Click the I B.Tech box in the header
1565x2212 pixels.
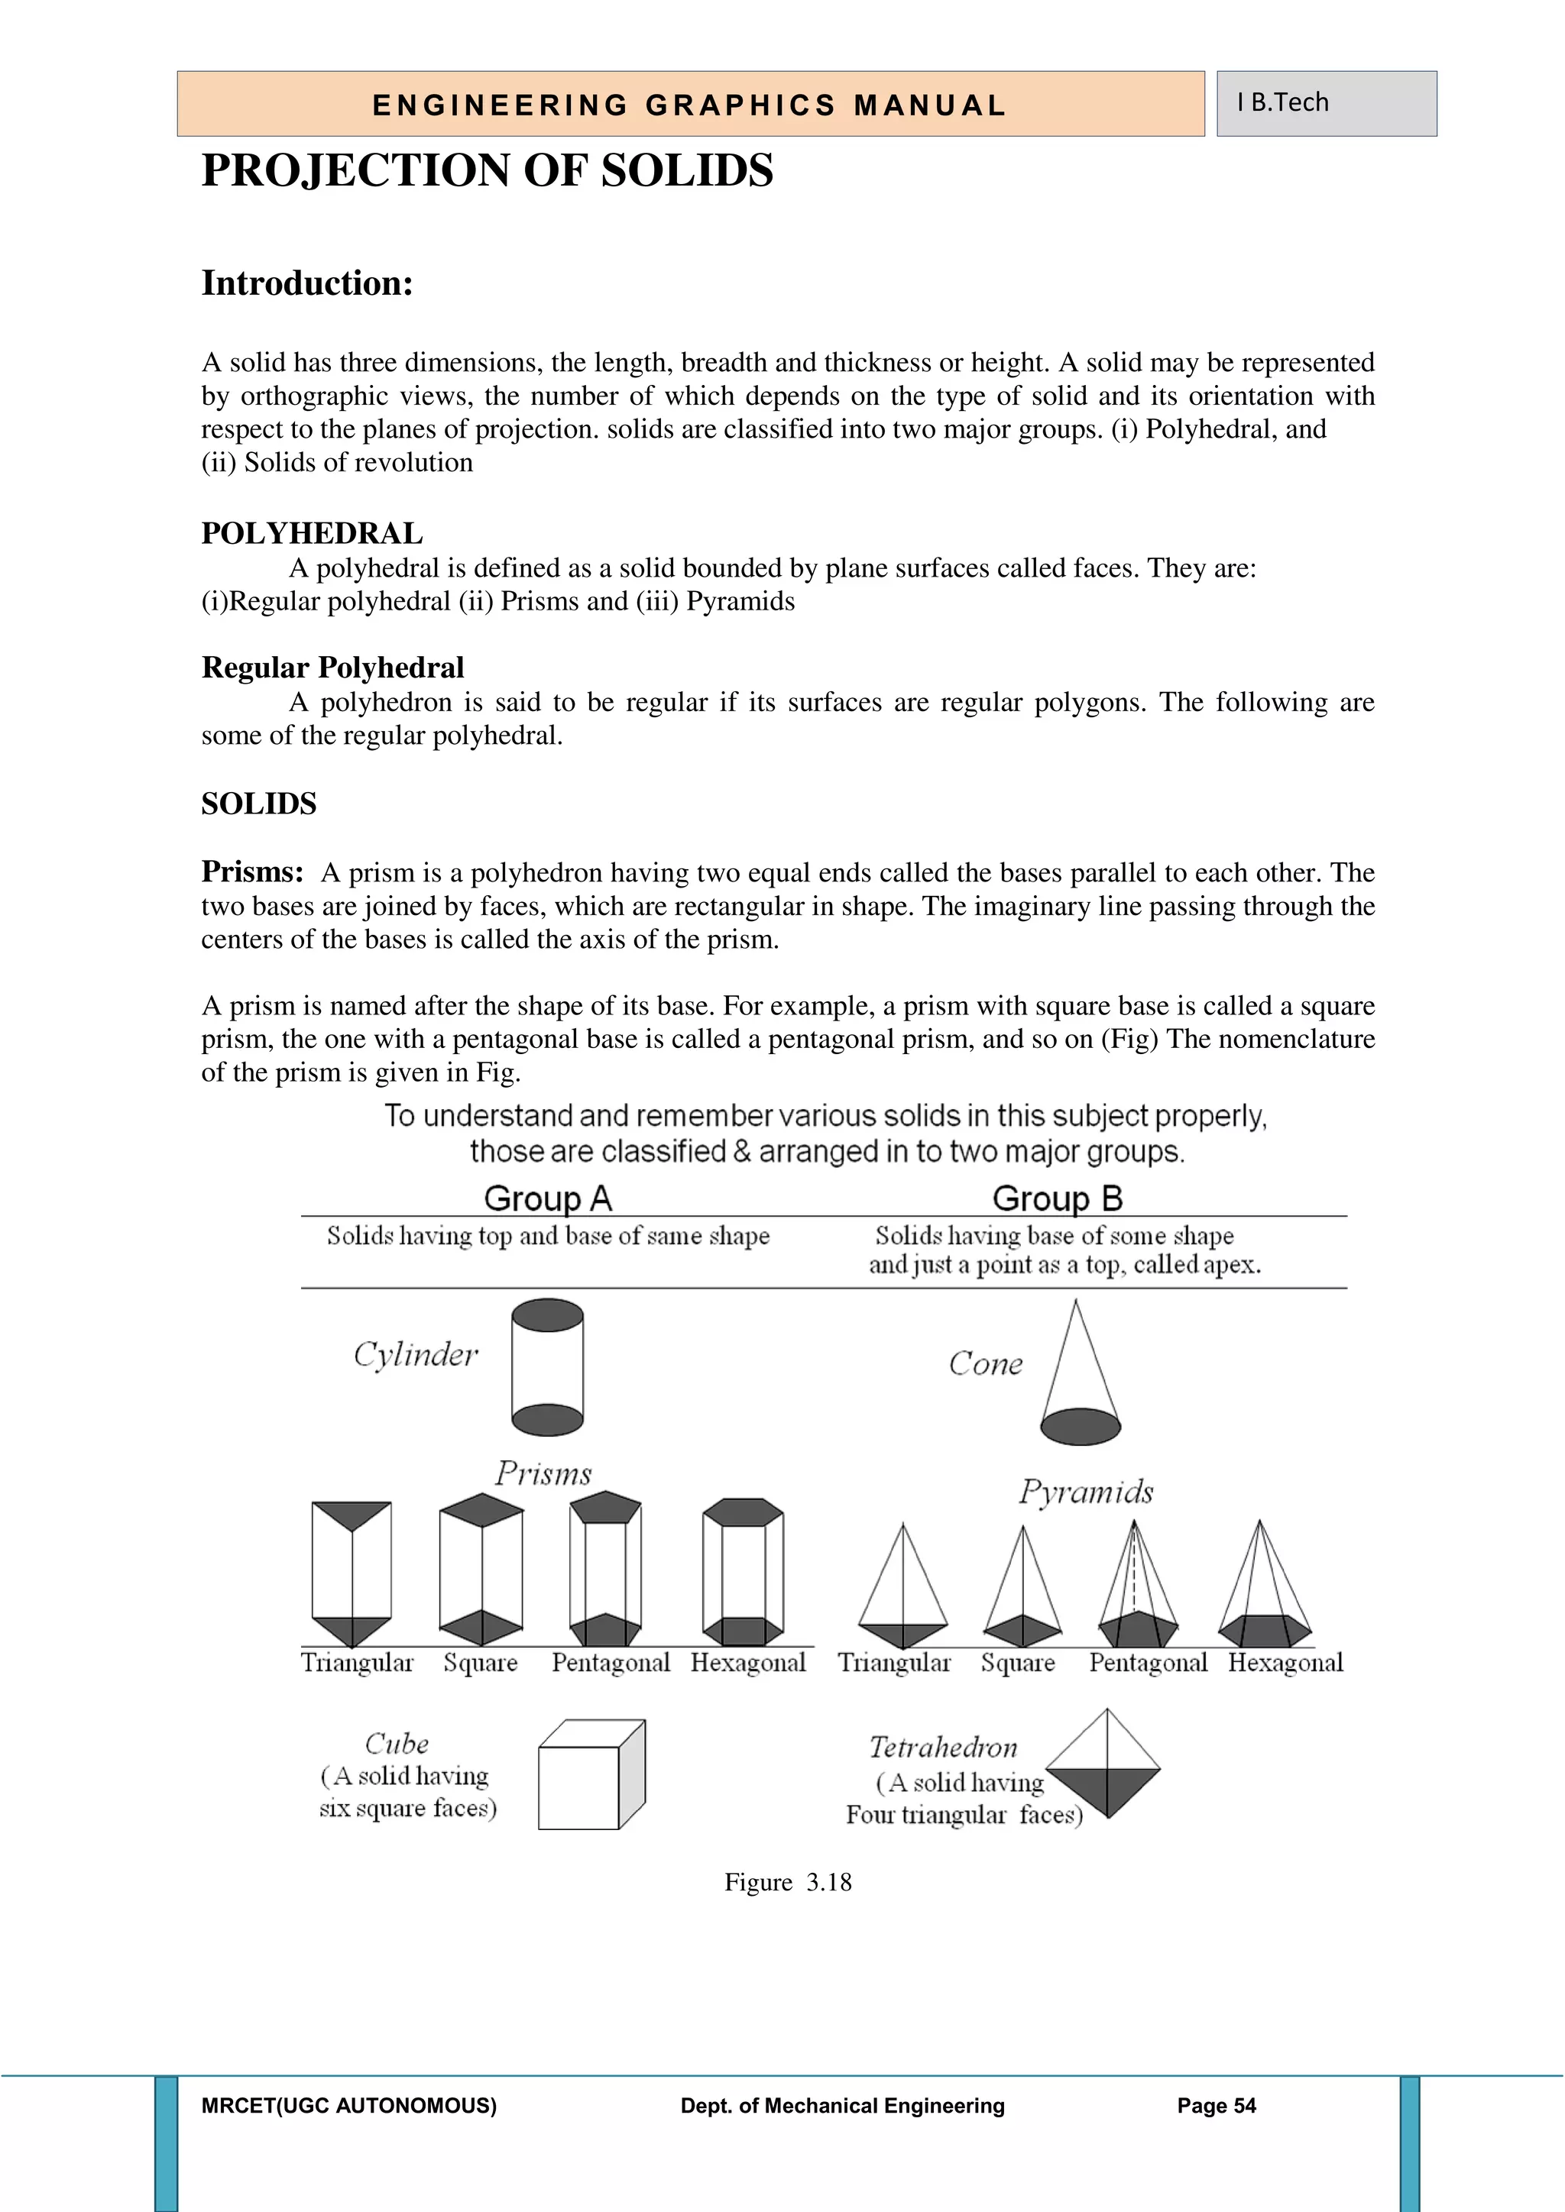coord(1325,103)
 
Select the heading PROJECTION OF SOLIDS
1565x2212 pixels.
coord(487,170)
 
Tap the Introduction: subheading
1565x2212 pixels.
coord(306,283)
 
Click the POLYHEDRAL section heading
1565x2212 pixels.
coord(311,533)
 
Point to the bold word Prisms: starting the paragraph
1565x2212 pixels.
coord(252,872)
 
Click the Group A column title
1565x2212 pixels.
coord(547,1198)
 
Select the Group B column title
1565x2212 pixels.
coord(1057,1198)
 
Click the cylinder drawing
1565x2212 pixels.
coord(547,1367)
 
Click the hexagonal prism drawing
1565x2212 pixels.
coord(743,1571)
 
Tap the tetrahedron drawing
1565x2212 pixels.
coord(1104,1766)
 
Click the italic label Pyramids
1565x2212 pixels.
coord(1086,1492)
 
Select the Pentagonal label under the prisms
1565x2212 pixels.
coord(610,1663)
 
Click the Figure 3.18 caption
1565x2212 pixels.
coord(787,1883)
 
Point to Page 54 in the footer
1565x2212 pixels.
coord(1216,2106)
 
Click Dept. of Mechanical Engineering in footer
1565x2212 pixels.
coord(842,2106)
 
